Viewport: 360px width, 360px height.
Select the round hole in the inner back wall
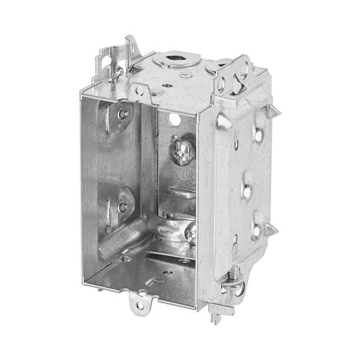click(174, 120)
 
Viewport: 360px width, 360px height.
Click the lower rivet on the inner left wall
click(123, 207)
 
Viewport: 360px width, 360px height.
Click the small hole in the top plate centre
click(166, 84)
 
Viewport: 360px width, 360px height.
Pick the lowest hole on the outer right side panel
click(255, 230)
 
